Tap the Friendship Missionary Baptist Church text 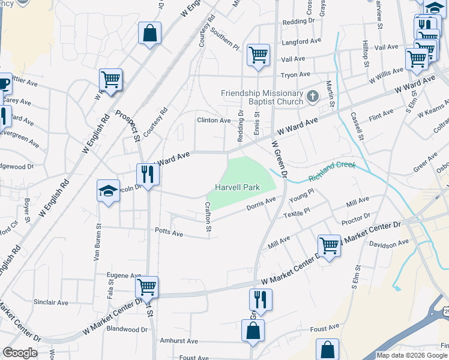coord(262,97)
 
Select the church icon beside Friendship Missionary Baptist coord(312,96)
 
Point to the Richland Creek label coord(332,171)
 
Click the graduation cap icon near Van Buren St coord(108,191)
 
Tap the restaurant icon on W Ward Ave coord(147,175)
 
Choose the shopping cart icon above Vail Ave coord(258,55)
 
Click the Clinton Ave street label coord(214,121)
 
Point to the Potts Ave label coord(169,233)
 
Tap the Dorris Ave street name coord(261,205)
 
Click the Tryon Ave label coord(295,74)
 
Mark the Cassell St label coord(358,127)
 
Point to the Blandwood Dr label coord(127,329)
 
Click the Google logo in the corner coord(20,353)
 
